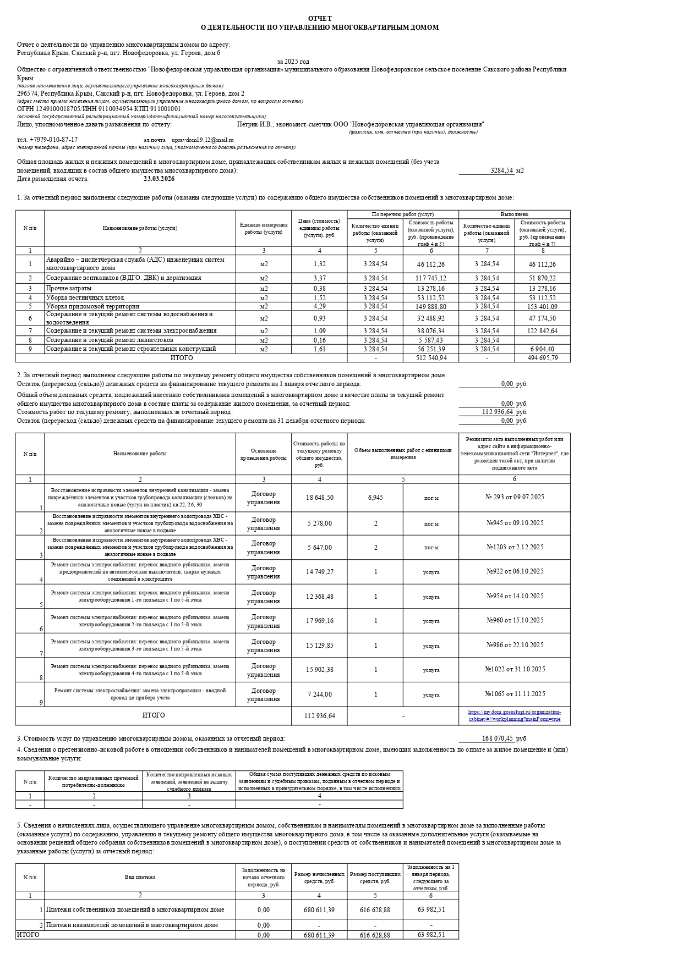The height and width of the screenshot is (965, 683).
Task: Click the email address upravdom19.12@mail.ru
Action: (x=203, y=140)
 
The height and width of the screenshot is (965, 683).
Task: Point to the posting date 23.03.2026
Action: (x=159, y=179)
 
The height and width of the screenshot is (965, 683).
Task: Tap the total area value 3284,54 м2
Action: (x=501, y=170)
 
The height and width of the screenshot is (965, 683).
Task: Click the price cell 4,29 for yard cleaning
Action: (x=319, y=306)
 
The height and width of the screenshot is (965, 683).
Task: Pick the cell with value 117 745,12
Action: (x=431, y=278)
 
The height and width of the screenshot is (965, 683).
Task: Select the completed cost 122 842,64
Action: (x=542, y=331)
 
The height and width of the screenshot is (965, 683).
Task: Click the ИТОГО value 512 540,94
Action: (x=431, y=358)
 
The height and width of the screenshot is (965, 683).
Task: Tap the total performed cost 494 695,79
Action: (x=542, y=358)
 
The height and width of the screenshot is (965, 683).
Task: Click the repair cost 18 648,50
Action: (x=319, y=498)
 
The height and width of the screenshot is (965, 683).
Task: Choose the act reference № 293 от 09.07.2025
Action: (x=514, y=497)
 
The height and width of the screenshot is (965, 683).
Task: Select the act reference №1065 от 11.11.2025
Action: (x=514, y=694)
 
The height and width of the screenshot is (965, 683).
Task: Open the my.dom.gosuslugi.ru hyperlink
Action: (x=514, y=715)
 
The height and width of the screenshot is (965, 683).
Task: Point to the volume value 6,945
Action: (x=375, y=498)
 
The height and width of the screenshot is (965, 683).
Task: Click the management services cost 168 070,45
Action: (x=497, y=738)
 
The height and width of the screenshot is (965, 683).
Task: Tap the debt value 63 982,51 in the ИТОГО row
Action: (x=431, y=935)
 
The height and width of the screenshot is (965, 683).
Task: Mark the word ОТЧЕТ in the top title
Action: (x=320, y=19)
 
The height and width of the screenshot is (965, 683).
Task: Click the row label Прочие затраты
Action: (x=69, y=288)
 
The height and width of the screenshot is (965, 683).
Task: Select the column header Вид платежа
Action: (x=140, y=877)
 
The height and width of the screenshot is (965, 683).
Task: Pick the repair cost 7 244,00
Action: (x=319, y=694)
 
